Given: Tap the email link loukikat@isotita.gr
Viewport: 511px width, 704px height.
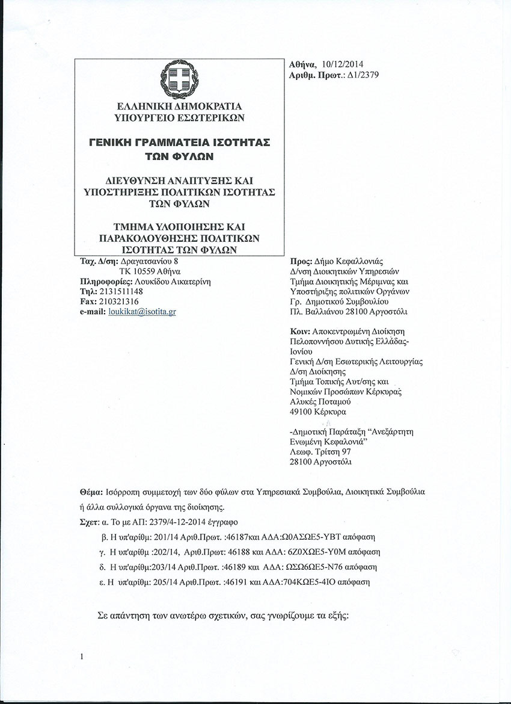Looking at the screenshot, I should pyautogui.click(x=142, y=311).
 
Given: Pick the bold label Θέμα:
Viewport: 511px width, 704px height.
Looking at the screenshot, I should pyautogui.click(x=91, y=492).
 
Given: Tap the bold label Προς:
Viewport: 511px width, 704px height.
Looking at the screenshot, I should pyautogui.click(x=301, y=262).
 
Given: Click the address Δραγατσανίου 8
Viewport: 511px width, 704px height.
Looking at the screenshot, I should pyautogui.click(x=150, y=262).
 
